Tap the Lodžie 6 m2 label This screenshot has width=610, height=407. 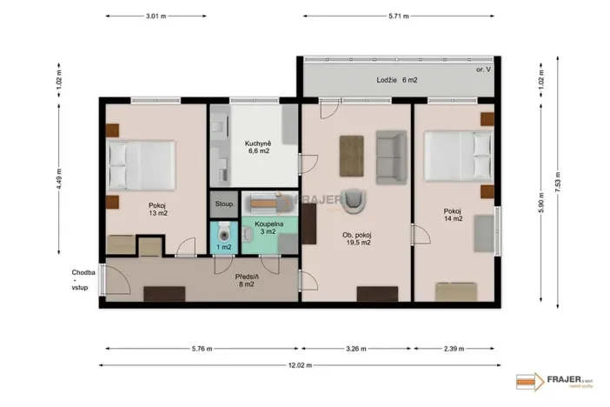click(397, 80)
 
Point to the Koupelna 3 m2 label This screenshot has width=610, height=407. click(265, 227)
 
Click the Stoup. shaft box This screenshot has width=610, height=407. click(223, 204)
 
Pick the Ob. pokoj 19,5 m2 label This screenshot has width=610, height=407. click(356, 239)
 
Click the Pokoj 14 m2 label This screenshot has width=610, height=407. click(453, 215)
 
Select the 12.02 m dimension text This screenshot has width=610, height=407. click(300, 365)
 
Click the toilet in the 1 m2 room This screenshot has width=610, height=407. click(224, 232)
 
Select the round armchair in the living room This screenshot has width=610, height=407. click(355, 201)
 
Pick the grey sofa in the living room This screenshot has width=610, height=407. click(391, 154)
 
